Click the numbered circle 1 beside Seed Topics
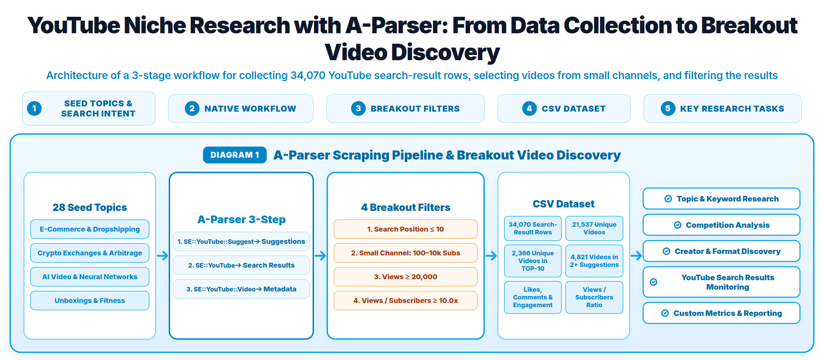34,108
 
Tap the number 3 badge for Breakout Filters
358,108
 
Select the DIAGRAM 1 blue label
235,155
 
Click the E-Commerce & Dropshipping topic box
90,229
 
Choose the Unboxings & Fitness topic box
90,301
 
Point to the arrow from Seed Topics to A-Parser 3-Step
162,256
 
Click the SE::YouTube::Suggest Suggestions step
241,241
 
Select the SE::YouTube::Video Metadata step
241,289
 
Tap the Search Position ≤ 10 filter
405,229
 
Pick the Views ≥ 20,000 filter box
405,277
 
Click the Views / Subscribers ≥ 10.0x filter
405,301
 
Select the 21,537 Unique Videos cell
594,228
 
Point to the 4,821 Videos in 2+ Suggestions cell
594,261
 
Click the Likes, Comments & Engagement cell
533,297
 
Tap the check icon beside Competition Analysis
678,225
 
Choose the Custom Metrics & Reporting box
721,313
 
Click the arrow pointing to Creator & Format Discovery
636,256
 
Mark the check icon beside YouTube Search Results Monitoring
653,282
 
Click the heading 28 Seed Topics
90,207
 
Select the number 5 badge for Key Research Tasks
668,108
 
